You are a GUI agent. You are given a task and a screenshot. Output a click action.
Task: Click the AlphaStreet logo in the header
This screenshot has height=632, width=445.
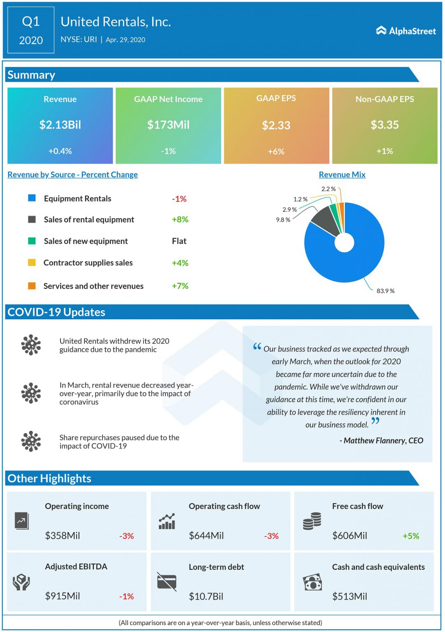406,31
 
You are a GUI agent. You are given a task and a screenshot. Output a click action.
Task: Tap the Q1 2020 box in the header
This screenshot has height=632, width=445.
31,30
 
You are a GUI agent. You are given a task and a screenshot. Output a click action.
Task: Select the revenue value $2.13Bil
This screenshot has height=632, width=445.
60,125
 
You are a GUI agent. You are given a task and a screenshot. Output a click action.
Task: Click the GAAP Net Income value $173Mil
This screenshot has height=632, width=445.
168,125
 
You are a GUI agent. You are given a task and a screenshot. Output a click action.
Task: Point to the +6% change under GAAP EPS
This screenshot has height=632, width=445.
276,151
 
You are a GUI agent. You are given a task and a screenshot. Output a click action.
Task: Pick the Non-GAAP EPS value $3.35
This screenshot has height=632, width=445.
384,125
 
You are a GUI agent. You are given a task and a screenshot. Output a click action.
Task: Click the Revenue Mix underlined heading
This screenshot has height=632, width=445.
342,174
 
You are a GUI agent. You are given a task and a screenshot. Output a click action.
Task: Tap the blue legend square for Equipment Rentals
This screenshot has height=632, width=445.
32,198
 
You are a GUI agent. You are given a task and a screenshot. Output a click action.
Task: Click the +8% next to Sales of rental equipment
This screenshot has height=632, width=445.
180,219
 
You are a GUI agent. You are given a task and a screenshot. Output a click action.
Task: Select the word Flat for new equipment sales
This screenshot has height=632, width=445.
179,241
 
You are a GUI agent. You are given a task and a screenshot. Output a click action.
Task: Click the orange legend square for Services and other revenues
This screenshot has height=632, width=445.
32,286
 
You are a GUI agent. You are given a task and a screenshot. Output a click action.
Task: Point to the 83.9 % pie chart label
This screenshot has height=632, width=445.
385,291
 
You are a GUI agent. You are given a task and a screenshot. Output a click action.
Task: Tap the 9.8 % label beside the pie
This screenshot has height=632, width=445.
283,220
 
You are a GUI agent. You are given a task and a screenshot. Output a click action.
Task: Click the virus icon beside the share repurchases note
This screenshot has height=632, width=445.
31,441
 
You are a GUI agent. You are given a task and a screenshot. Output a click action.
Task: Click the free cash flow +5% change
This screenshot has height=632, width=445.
411,536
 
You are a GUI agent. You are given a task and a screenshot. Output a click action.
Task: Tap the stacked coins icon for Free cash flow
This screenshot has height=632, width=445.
312,521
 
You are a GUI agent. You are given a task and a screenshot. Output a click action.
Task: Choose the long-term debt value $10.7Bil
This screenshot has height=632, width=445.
206,596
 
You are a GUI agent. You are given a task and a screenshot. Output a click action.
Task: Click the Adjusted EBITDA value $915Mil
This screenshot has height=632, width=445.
63,596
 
